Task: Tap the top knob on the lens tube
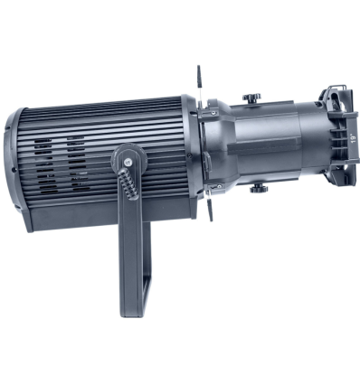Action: pos(254,97)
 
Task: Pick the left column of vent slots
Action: pos(43,166)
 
